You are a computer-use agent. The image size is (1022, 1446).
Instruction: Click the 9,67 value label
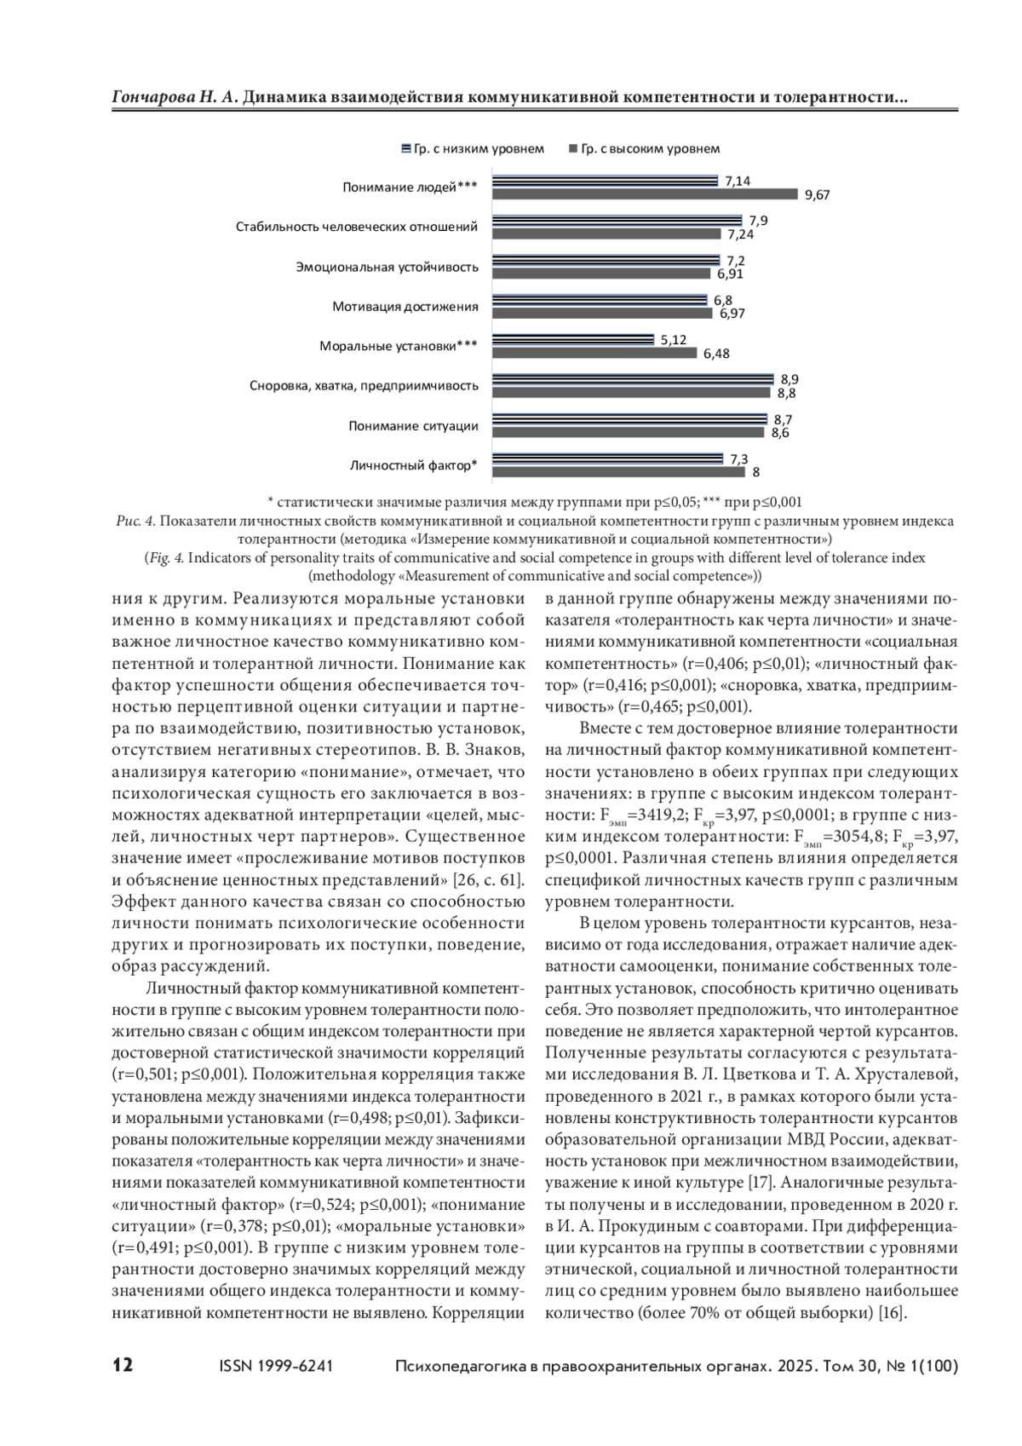pos(817,195)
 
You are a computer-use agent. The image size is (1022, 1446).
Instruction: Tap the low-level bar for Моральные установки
pos(573,340)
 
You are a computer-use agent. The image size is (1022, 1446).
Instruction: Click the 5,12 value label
pos(673,340)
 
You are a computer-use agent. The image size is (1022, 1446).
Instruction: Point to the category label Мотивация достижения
pos(405,307)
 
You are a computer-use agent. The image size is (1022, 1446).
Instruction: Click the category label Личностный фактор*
pos(413,465)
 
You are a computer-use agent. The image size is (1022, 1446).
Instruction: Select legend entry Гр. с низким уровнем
pos(473,149)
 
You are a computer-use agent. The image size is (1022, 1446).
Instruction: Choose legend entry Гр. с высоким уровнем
pos(644,149)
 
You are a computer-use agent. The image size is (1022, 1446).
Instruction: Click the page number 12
pos(123,1366)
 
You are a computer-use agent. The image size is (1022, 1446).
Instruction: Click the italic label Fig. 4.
pos(166,558)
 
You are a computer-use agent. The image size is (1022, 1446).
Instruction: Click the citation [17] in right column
pos(760,1182)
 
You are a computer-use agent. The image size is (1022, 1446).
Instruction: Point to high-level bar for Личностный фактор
pos(619,472)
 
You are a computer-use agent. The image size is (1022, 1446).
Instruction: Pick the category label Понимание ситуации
pos(413,426)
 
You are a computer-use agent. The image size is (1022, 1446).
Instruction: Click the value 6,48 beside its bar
pos(716,354)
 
